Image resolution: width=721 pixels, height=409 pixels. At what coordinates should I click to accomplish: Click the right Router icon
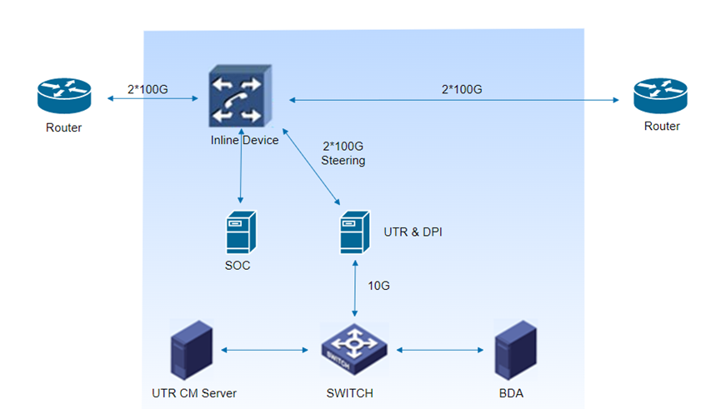(660, 96)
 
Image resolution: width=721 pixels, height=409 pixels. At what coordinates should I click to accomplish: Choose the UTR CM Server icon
(191, 350)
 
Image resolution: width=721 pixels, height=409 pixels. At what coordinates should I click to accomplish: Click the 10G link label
(379, 286)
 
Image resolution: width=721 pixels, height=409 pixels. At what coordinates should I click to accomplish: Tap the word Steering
(343, 161)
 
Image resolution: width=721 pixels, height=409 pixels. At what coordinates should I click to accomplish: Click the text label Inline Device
(244, 140)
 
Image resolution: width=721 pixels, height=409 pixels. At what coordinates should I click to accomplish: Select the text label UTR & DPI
(412, 232)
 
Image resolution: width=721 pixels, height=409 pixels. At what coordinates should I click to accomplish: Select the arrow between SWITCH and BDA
(441, 350)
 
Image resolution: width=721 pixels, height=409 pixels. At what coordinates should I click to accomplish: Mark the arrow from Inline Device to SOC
(241, 171)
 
